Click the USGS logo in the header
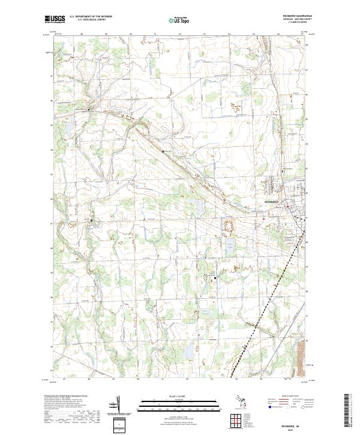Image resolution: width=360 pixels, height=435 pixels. [x=56, y=19]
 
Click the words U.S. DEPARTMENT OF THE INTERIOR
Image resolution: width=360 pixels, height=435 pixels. [x=91, y=16]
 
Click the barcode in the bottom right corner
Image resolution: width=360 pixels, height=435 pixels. [x=346, y=412]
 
